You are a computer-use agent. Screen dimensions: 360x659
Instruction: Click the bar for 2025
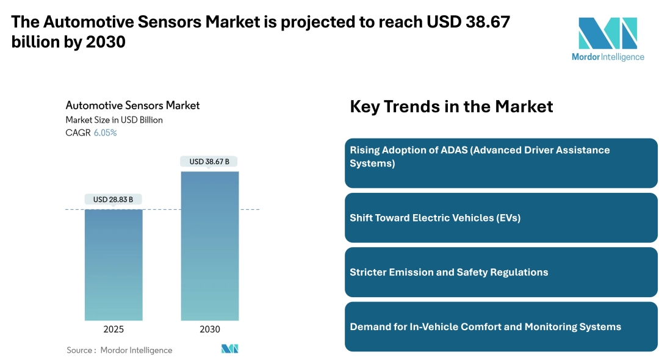click(x=113, y=265)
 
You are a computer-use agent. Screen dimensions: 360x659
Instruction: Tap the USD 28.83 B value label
click(x=113, y=200)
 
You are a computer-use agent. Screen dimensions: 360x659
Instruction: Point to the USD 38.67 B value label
click(x=209, y=162)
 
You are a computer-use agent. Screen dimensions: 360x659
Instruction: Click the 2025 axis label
click(x=113, y=329)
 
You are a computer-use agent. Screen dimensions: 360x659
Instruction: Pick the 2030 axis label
click(x=210, y=329)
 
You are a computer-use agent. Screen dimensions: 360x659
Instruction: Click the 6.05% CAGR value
click(x=105, y=132)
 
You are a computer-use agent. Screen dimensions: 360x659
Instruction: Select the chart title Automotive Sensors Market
click(x=132, y=106)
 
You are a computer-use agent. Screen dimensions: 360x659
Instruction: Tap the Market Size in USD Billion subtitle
click(x=114, y=120)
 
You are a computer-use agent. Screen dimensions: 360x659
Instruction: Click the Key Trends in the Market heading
click(x=451, y=107)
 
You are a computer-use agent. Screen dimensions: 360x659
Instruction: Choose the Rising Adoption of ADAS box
click(x=501, y=163)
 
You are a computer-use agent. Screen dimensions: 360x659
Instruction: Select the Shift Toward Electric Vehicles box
click(x=501, y=218)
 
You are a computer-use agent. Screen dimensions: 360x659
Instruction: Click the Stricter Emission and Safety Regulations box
click(x=501, y=272)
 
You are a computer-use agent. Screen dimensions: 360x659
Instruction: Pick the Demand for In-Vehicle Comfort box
click(x=501, y=326)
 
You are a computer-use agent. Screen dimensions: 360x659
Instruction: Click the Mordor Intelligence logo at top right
click(x=607, y=34)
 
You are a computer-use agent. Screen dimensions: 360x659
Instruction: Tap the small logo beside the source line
click(x=229, y=349)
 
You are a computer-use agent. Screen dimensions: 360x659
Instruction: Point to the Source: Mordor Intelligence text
click(x=120, y=350)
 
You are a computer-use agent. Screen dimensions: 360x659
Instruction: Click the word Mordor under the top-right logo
click(x=585, y=57)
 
